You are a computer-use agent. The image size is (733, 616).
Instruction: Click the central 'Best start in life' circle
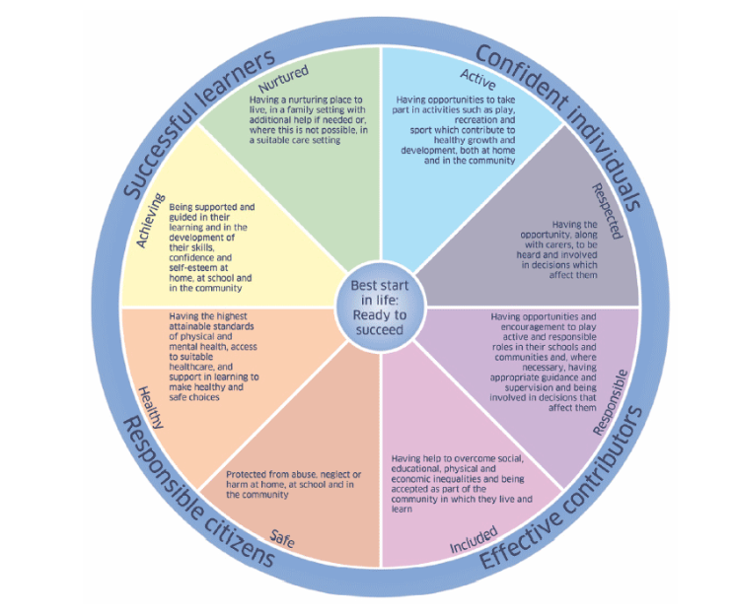point(379,307)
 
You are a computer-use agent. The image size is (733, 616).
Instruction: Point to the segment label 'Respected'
point(608,210)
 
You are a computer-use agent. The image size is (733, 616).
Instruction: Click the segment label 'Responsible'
point(609,403)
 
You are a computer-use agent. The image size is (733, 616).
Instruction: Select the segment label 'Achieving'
point(151,210)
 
